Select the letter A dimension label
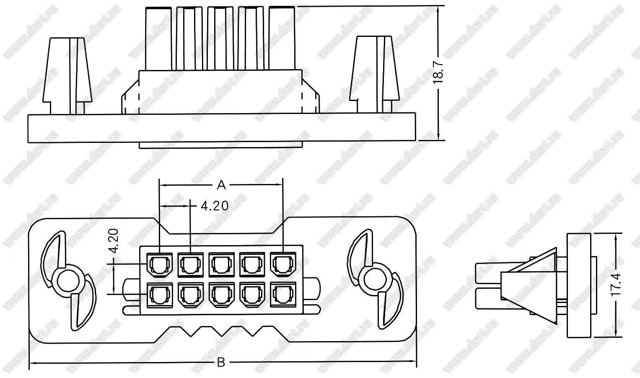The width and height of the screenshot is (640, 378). (221, 185)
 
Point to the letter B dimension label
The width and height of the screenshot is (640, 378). (221, 362)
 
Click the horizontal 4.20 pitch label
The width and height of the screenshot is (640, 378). (215, 206)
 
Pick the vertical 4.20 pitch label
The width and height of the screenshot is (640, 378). (114, 241)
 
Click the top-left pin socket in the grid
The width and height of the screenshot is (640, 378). (160, 264)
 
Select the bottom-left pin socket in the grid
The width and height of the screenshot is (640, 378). (160, 295)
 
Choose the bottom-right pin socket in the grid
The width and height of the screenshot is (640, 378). (283, 295)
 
